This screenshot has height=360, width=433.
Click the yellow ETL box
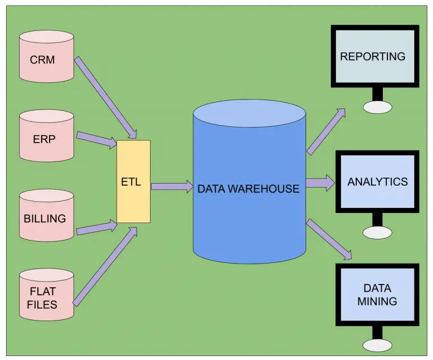(x=134, y=181)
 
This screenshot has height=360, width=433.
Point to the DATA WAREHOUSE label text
(x=248, y=189)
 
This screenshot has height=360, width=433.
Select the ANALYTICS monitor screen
(x=377, y=181)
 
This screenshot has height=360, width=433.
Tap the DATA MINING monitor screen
(x=377, y=294)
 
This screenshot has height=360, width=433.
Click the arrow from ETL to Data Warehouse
(x=172, y=186)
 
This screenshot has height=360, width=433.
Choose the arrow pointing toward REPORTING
(x=326, y=131)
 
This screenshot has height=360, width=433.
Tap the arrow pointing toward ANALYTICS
(x=320, y=183)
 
